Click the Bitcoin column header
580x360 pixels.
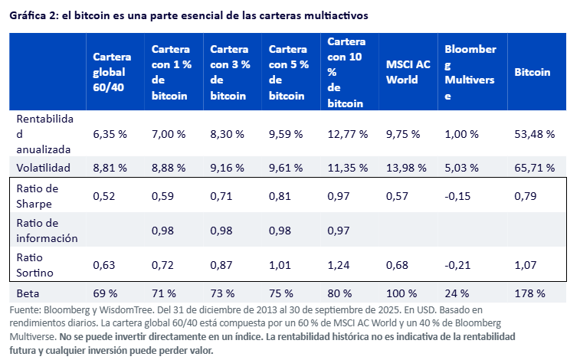[x=532, y=72]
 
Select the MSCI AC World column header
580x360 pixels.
[x=402, y=72]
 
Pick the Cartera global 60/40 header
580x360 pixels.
[x=112, y=72]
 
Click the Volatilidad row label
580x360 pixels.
[x=44, y=167]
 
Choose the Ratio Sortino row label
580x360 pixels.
[x=34, y=265]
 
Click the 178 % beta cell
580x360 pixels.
[x=530, y=293]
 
